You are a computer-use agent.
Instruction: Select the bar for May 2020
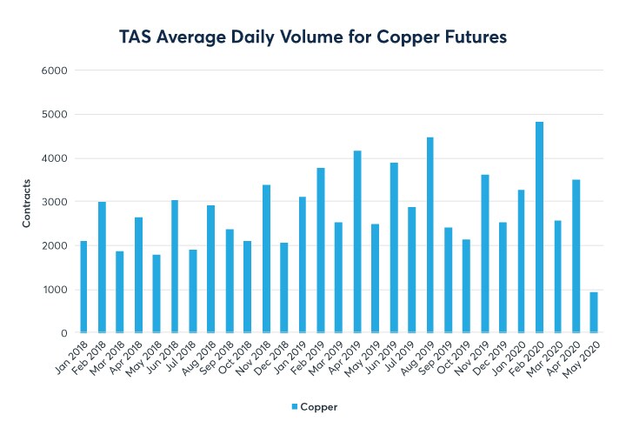594,312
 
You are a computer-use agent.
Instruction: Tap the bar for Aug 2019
430,235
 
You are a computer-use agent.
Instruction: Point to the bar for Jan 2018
83,287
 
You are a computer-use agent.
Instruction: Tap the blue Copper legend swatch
293,406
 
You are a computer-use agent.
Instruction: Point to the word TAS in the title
138,37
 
